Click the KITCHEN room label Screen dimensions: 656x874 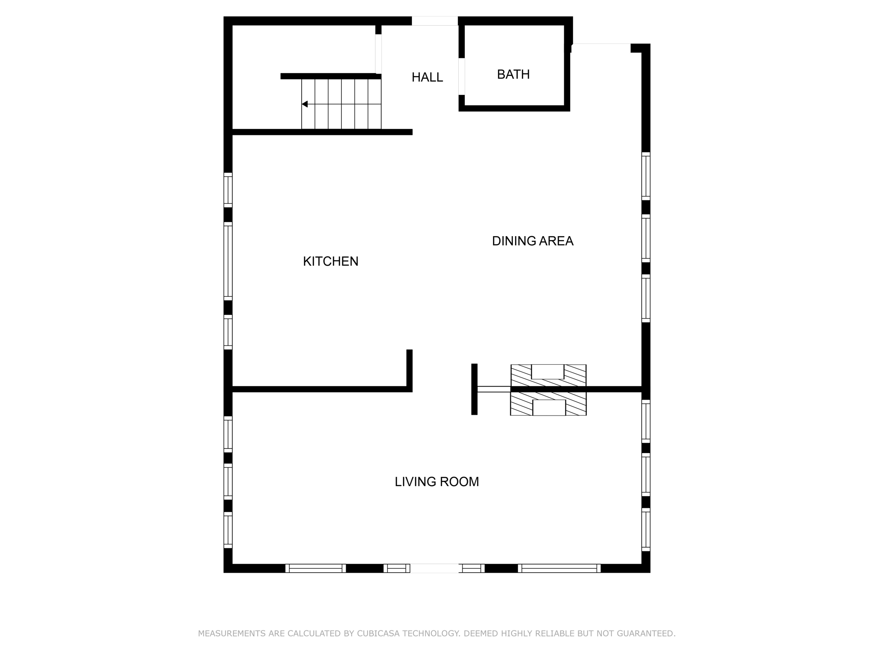[330, 261]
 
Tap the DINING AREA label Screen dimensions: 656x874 [532, 241]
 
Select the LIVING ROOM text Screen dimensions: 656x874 [437, 482]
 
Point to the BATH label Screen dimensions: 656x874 [513, 75]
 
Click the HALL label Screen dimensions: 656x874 [427, 77]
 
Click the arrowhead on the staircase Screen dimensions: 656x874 [305, 104]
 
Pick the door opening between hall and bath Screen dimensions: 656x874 [461, 76]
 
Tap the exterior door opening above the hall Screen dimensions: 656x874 [434, 21]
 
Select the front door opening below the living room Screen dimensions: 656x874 [434, 568]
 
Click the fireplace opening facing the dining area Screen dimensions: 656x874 [548, 372]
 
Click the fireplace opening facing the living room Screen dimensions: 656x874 [549, 408]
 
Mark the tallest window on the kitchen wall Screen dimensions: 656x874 [228, 261]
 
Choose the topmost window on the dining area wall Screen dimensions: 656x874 [646, 176]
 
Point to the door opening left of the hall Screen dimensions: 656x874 [378, 54]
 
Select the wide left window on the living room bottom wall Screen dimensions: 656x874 [315, 568]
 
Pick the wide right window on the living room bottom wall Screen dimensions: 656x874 [559, 568]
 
